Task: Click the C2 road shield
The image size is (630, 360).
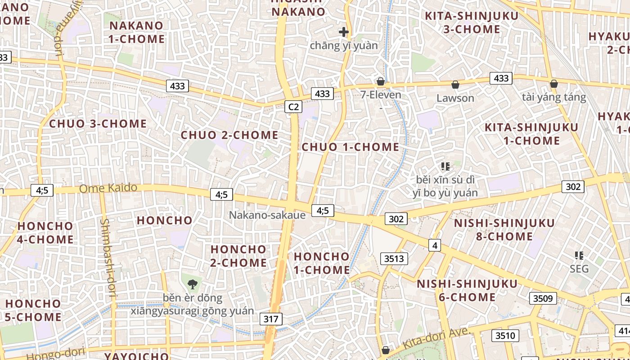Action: (x=293, y=107)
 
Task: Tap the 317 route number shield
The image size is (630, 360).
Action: (x=271, y=319)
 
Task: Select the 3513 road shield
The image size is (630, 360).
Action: (x=394, y=258)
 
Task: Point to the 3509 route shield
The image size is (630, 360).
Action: (x=543, y=298)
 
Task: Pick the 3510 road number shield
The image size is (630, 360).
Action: (x=505, y=335)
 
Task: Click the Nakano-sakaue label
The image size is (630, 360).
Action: (x=267, y=215)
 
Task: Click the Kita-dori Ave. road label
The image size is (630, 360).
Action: (x=436, y=338)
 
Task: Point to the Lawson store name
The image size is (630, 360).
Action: (x=455, y=98)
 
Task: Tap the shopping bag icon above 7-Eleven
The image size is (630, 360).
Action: (x=381, y=81)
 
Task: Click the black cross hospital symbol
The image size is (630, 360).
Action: (x=344, y=32)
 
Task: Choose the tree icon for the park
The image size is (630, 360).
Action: (x=193, y=284)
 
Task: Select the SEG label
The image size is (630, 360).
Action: (x=579, y=269)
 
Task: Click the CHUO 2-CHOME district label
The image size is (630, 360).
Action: (x=229, y=135)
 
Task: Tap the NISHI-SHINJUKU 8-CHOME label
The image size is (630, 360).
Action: (x=504, y=230)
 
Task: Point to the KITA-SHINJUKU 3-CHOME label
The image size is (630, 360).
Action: (x=472, y=22)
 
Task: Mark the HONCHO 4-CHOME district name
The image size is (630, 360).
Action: (x=45, y=233)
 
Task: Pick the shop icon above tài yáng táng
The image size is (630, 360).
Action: (x=554, y=84)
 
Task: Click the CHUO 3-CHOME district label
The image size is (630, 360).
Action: (x=98, y=124)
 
